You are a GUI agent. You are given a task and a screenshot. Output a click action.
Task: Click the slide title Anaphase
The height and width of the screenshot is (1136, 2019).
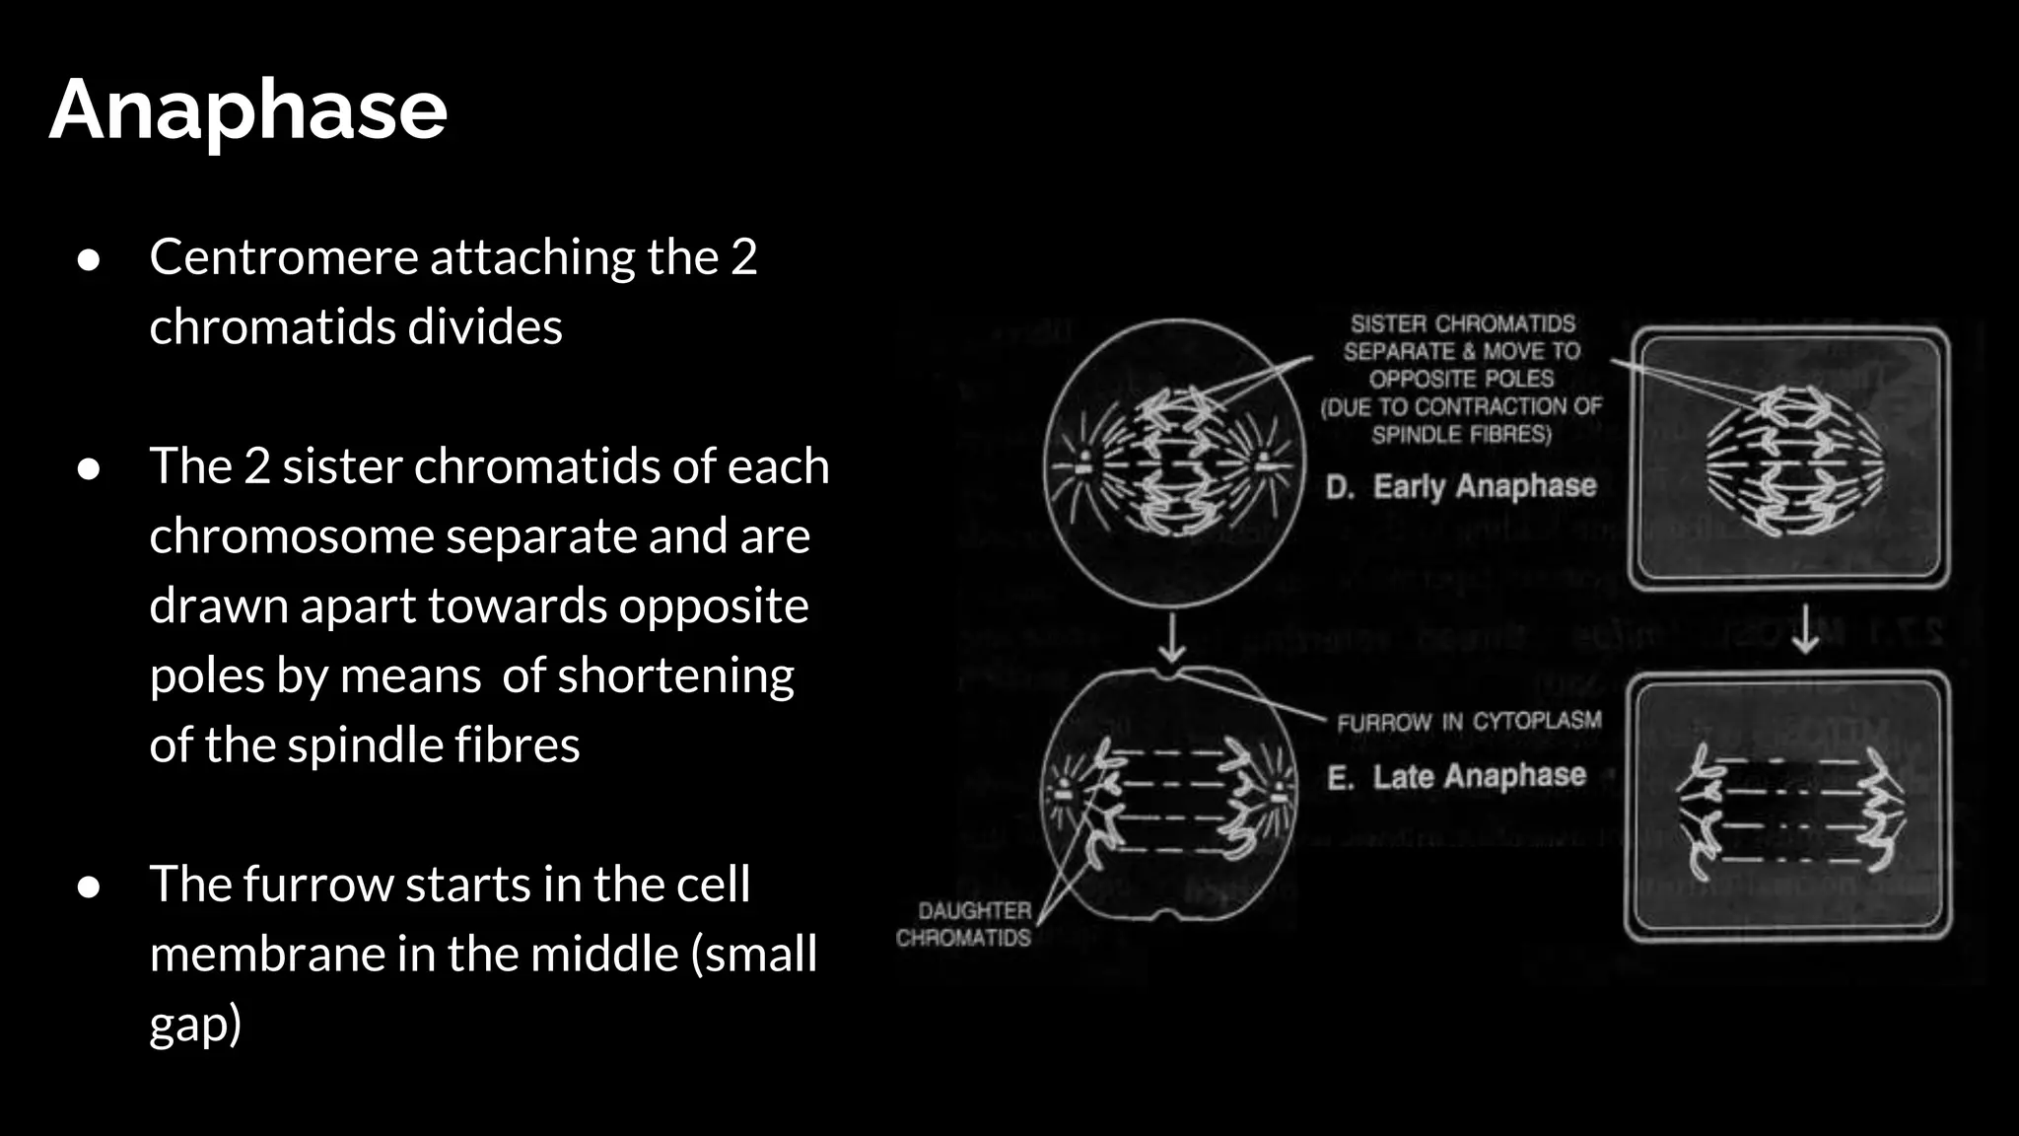248,110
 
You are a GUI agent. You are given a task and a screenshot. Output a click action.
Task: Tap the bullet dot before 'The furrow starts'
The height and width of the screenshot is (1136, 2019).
89,886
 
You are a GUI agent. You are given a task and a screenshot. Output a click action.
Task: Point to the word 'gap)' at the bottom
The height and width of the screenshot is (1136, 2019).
195,1026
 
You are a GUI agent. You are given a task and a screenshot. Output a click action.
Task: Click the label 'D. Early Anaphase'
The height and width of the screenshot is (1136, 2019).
1461,486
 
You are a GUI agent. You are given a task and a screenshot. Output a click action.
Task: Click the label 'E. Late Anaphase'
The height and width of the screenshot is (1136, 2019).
1457,777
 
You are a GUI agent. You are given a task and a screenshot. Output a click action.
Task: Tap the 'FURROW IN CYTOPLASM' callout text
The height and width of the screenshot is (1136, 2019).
1469,722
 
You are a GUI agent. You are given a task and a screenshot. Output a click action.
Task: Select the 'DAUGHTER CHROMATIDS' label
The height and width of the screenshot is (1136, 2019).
964,924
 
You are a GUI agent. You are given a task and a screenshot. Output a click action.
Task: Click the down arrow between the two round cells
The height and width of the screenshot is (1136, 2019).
1171,638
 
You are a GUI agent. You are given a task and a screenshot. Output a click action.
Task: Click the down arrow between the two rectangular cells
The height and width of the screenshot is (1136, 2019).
1805,630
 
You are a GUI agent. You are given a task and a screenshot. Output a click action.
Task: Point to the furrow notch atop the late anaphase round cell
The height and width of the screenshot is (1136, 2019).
1169,674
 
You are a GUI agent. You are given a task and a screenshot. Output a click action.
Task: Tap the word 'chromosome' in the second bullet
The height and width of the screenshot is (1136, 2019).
291,536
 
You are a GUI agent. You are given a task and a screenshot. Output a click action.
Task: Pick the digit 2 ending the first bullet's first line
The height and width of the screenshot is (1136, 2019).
744,257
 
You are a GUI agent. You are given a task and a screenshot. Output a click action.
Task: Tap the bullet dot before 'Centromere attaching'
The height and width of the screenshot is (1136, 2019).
89,259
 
